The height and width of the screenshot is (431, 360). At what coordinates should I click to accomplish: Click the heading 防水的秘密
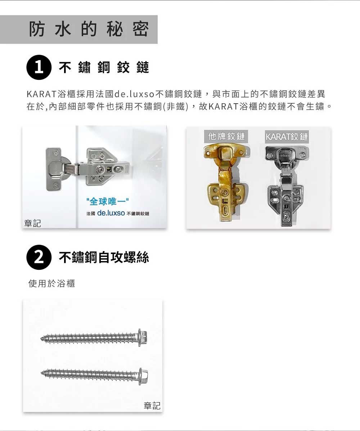coord(89,29)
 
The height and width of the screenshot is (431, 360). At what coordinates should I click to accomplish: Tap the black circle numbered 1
coord(39,67)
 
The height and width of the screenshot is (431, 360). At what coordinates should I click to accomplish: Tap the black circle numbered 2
coord(39,257)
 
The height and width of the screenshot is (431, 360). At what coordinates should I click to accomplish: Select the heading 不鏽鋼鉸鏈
coord(104,67)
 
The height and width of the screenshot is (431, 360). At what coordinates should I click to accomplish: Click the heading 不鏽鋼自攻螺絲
coord(104,257)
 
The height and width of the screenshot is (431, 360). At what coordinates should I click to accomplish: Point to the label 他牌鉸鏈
coord(226,136)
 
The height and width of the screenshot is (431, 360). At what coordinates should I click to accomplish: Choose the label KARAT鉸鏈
coord(287,137)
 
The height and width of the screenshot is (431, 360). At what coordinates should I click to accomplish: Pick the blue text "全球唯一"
coord(107,201)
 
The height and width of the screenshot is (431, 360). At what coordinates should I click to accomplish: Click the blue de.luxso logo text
coord(111,213)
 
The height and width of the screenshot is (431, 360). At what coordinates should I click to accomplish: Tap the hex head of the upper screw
coord(143,337)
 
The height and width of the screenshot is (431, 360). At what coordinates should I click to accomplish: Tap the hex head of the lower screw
coord(143,376)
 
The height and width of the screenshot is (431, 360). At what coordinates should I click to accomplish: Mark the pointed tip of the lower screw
coord(42,373)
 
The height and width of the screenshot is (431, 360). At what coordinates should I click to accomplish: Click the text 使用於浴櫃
coord(51,283)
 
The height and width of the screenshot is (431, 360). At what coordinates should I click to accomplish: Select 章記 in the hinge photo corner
coord(32,223)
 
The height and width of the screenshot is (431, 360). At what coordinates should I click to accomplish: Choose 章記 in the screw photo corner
coord(152,405)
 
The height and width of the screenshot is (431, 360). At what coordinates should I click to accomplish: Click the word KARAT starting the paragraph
coord(42,94)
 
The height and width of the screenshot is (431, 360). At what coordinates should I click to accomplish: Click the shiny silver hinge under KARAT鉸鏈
coord(286,186)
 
